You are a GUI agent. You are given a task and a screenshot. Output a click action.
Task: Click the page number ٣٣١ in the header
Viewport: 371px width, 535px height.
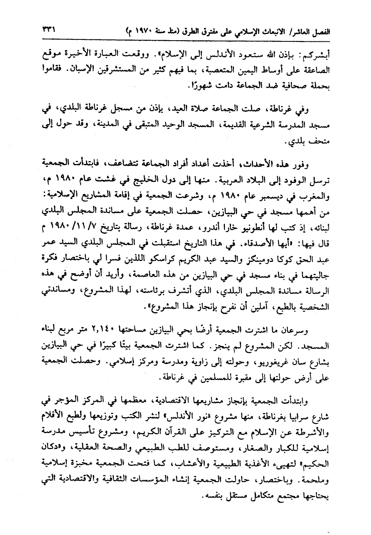click(x=48, y=30)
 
